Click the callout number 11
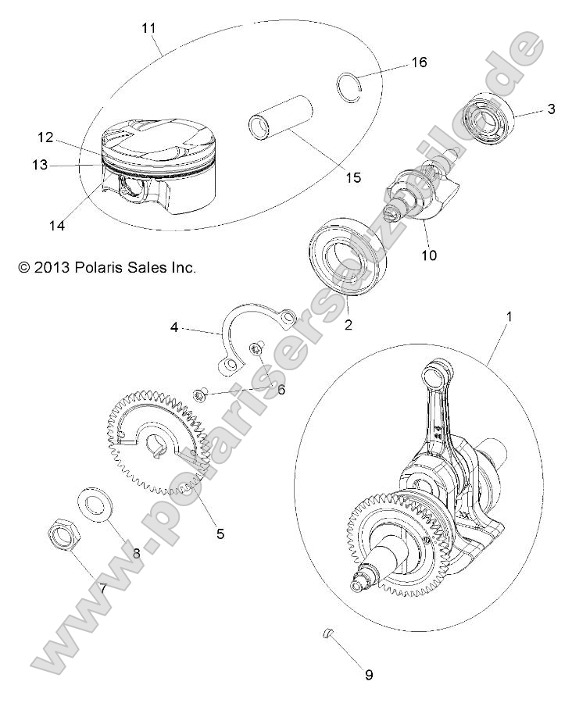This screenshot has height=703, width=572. [x=148, y=29]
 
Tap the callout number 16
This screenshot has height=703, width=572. [x=419, y=62]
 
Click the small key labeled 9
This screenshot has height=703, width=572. [x=330, y=631]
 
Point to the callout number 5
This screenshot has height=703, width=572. [x=220, y=533]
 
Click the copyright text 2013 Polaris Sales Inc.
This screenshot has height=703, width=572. [x=107, y=267]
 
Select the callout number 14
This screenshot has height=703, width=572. [x=55, y=226]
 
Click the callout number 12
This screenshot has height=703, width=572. [x=45, y=137]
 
